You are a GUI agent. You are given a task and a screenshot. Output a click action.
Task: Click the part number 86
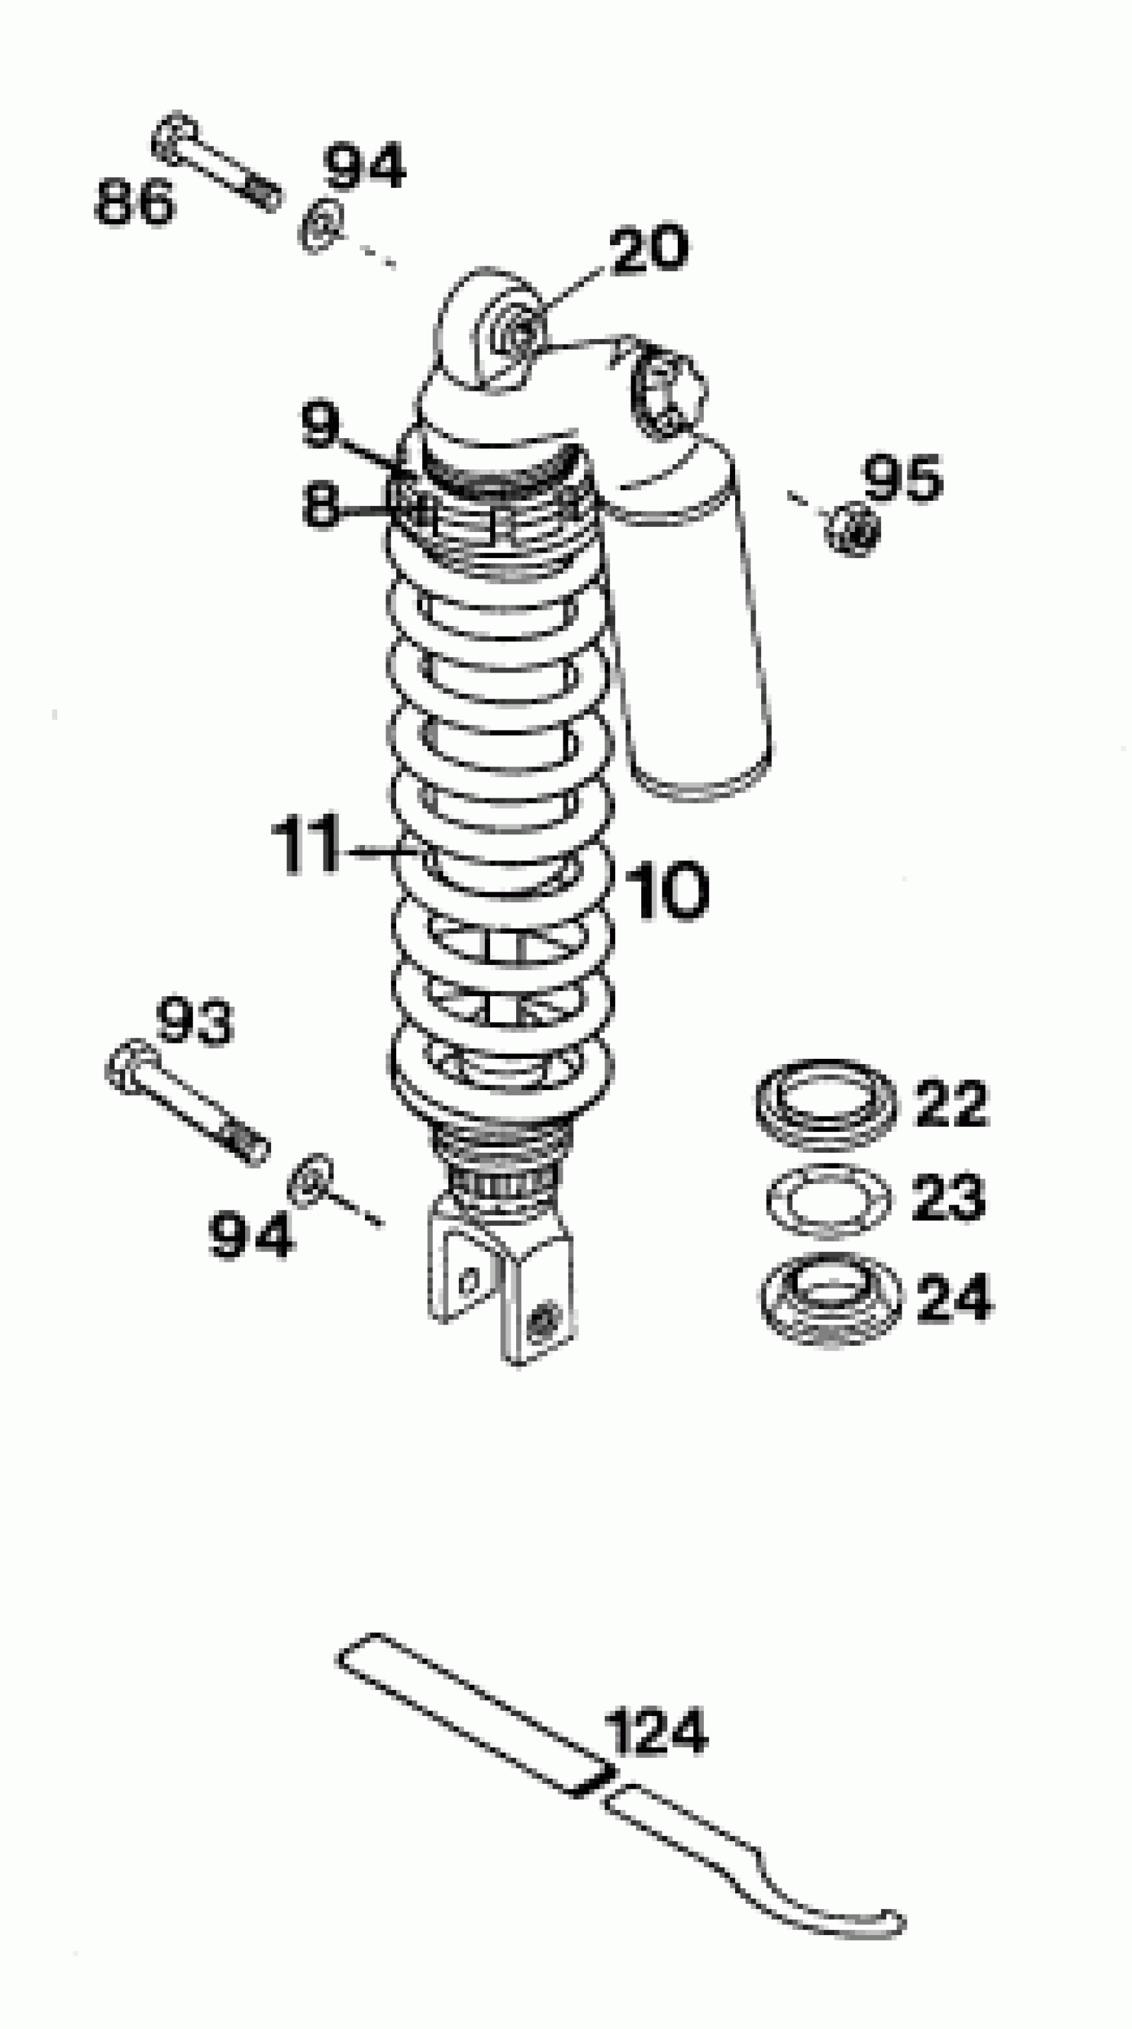(x=134, y=202)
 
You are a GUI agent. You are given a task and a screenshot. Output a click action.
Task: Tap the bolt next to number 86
(x=216, y=164)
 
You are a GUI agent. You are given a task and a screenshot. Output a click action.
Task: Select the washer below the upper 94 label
(x=320, y=227)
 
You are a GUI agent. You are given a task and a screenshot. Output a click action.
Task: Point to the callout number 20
(x=649, y=250)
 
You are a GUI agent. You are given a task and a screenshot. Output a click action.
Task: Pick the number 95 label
(x=903, y=478)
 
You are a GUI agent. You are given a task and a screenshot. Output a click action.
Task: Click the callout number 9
(x=320, y=425)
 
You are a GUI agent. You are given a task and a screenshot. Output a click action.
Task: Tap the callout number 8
(x=320, y=505)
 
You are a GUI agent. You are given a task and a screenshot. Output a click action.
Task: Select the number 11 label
(x=305, y=847)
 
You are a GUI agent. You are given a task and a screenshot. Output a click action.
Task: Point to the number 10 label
(x=668, y=891)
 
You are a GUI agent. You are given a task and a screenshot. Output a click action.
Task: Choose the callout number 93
(x=194, y=1021)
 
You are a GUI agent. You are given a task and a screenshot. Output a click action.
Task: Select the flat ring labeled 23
(x=827, y=1199)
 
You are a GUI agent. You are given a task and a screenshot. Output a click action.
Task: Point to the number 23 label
(x=948, y=1197)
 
